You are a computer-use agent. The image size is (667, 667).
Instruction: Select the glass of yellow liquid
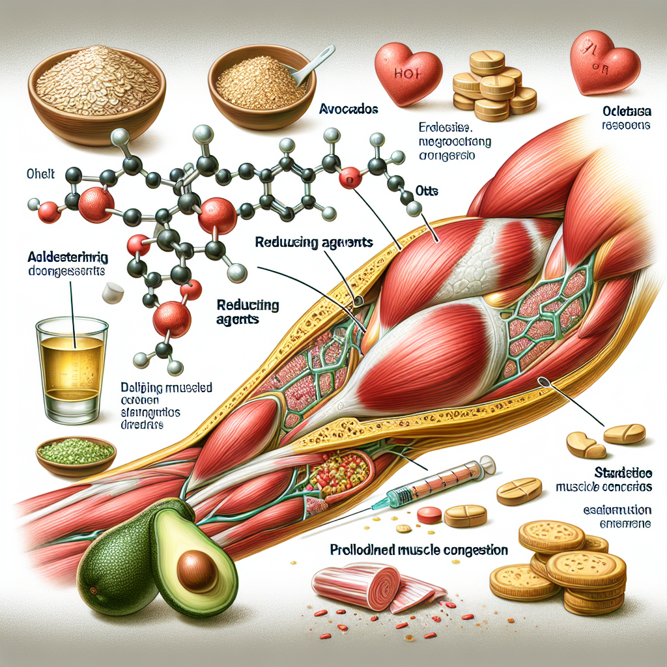pyautogui.click(x=72, y=368)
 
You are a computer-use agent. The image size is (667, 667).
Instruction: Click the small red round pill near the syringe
pyautogui.click(x=429, y=515)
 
